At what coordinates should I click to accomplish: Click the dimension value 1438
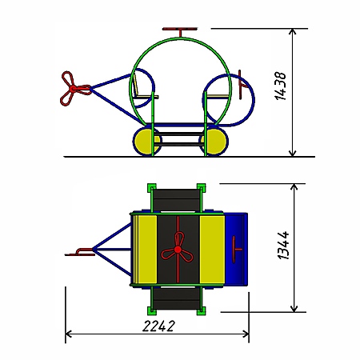(x=280, y=86)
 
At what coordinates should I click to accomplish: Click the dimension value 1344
(x=283, y=246)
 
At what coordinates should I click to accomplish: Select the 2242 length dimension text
(x=159, y=326)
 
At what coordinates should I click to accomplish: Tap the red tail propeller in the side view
(x=74, y=88)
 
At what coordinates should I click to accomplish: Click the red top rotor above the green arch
(x=180, y=29)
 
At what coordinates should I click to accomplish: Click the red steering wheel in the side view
(x=241, y=85)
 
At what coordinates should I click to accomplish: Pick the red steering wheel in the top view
(x=235, y=250)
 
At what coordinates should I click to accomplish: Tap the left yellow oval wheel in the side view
(x=147, y=141)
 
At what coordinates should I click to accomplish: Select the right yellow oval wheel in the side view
(x=214, y=141)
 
